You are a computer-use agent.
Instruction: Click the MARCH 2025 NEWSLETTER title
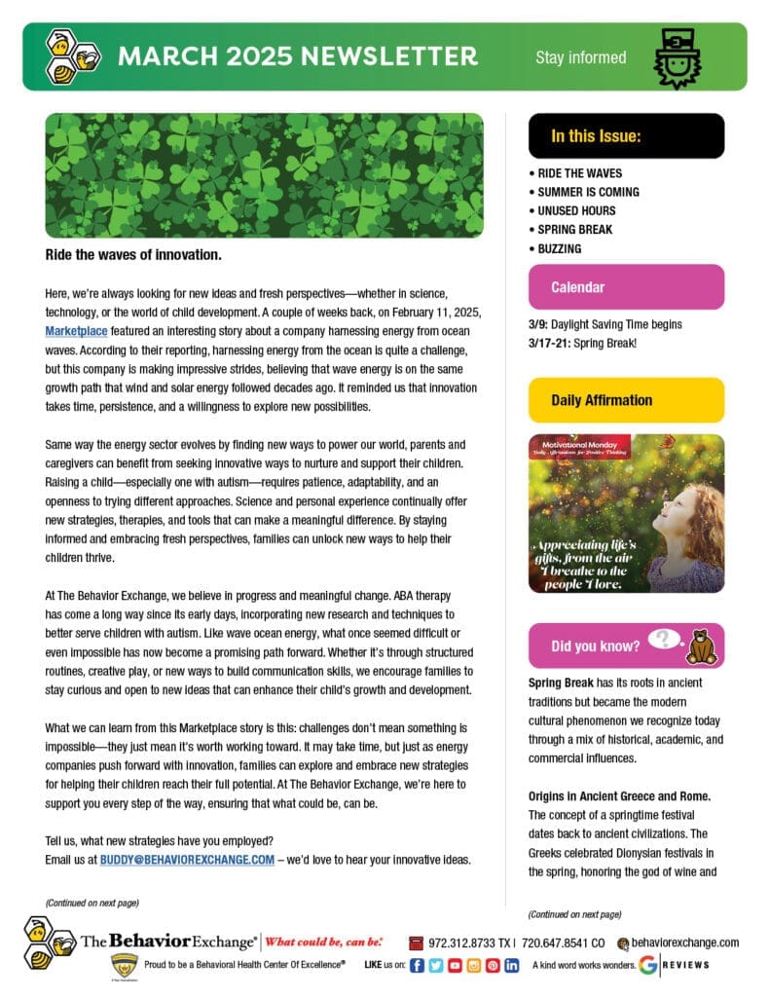tap(297, 56)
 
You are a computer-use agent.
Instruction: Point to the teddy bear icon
tap(701, 646)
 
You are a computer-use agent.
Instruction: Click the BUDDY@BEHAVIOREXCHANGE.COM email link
tap(187, 859)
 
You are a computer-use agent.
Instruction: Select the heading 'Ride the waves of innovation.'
tap(133, 255)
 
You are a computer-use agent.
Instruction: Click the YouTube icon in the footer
tap(455, 965)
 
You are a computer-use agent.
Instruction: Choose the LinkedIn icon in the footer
tap(511, 965)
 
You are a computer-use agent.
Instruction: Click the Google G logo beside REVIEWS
tap(647, 965)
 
